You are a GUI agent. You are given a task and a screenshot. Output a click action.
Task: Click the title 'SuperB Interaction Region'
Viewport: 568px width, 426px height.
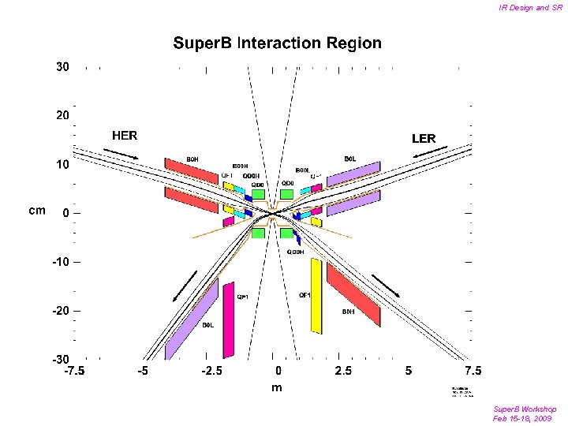click(278, 43)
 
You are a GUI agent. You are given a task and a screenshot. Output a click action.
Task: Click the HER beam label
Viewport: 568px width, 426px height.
click(125, 136)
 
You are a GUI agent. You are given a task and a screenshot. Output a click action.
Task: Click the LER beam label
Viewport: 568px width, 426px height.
click(424, 138)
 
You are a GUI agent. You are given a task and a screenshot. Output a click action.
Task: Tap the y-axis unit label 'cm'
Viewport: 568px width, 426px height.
click(36, 211)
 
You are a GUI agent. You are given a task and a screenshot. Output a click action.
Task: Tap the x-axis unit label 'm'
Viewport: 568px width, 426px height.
click(277, 387)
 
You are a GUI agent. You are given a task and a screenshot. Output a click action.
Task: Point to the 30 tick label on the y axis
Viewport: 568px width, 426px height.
click(62, 67)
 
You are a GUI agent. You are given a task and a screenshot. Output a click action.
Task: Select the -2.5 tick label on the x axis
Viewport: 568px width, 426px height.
click(211, 370)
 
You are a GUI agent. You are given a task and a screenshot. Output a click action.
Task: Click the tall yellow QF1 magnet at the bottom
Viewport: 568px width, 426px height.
click(316, 296)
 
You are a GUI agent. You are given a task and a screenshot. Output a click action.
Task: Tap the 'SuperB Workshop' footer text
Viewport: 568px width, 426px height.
click(525, 409)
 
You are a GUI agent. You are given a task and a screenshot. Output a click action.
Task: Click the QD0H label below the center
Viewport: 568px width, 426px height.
click(295, 252)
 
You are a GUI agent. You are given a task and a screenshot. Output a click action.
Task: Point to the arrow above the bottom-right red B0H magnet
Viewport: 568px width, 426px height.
click(386, 286)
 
